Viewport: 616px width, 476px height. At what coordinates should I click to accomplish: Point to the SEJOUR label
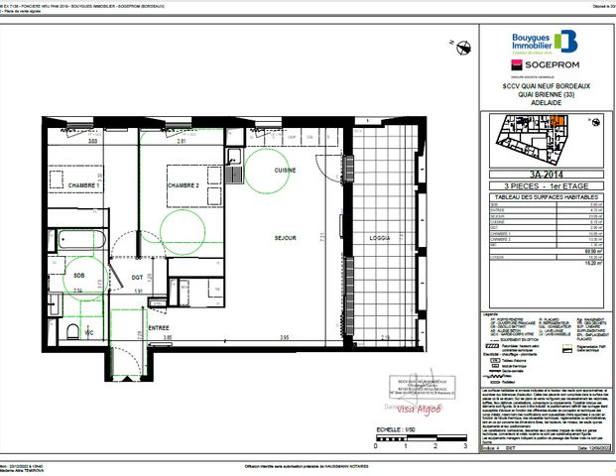click(x=288, y=238)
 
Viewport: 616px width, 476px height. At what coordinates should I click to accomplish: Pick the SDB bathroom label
click(x=78, y=275)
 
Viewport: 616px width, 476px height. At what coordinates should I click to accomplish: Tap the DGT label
click(x=137, y=277)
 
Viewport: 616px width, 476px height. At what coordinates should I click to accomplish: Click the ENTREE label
click(x=159, y=326)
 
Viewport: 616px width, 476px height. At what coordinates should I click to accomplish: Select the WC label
click(x=88, y=332)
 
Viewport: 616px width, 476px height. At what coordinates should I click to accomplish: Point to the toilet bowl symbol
click(x=74, y=330)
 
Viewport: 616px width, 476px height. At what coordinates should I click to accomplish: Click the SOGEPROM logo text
click(x=552, y=66)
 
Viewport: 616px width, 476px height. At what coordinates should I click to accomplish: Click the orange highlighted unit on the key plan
click(x=558, y=123)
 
